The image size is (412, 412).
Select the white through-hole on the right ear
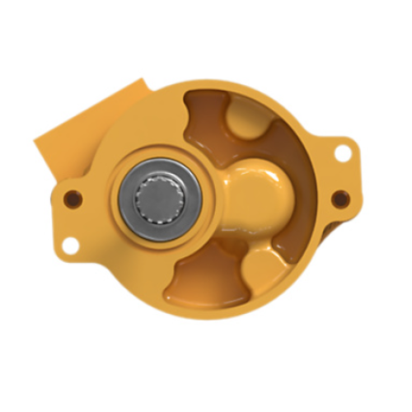tap(341, 152)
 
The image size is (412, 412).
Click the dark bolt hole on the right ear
tap(337, 197)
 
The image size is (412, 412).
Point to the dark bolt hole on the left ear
tap(72, 198)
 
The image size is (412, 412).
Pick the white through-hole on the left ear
tap(71, 243)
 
